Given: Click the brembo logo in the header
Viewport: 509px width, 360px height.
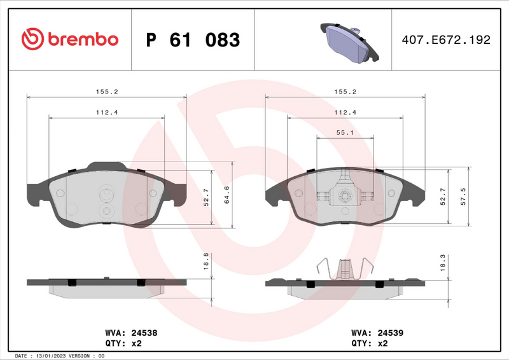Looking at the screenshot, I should [70, 39].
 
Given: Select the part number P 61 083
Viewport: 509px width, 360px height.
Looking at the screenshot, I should [193, 40].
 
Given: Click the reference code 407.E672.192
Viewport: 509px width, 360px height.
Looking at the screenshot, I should [445, 40].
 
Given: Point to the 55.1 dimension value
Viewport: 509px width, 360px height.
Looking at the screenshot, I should [345, 132].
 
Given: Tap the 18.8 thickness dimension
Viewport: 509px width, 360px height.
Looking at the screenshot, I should [205, 261].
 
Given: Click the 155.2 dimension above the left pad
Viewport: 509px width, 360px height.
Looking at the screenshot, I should [107, 92].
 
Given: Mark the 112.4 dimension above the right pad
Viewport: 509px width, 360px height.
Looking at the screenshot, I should [345, 112].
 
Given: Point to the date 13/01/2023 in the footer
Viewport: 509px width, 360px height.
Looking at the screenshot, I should [59, 355].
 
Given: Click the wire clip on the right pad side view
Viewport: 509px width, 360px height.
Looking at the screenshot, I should [345, 268].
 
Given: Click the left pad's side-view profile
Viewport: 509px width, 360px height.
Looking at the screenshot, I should [107, 287].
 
